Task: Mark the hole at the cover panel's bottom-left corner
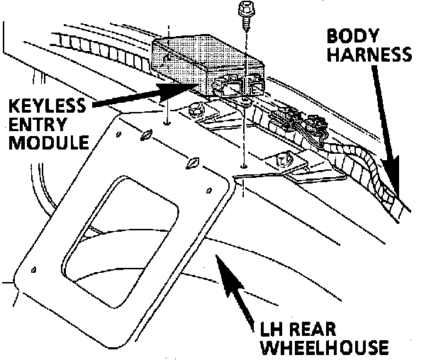pyautogui.click(x=34, y=269)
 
